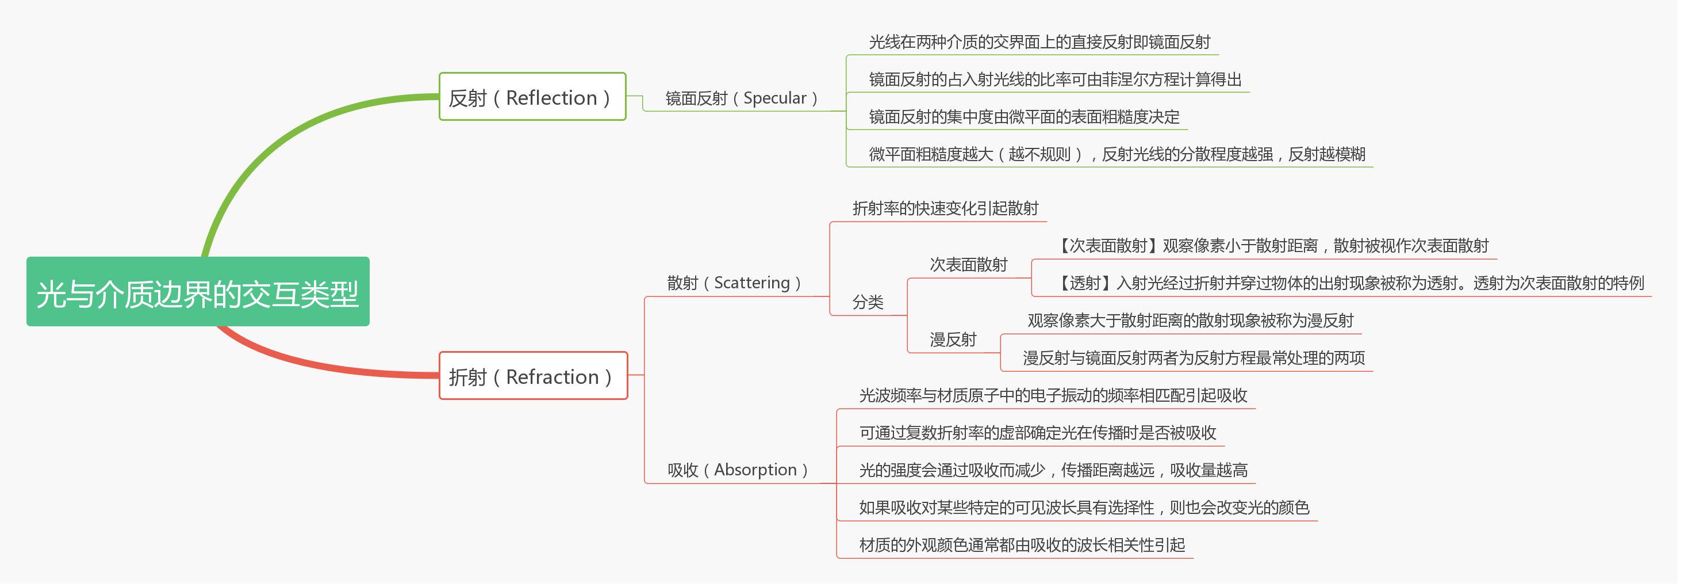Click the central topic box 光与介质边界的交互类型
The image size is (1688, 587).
(198, 293)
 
